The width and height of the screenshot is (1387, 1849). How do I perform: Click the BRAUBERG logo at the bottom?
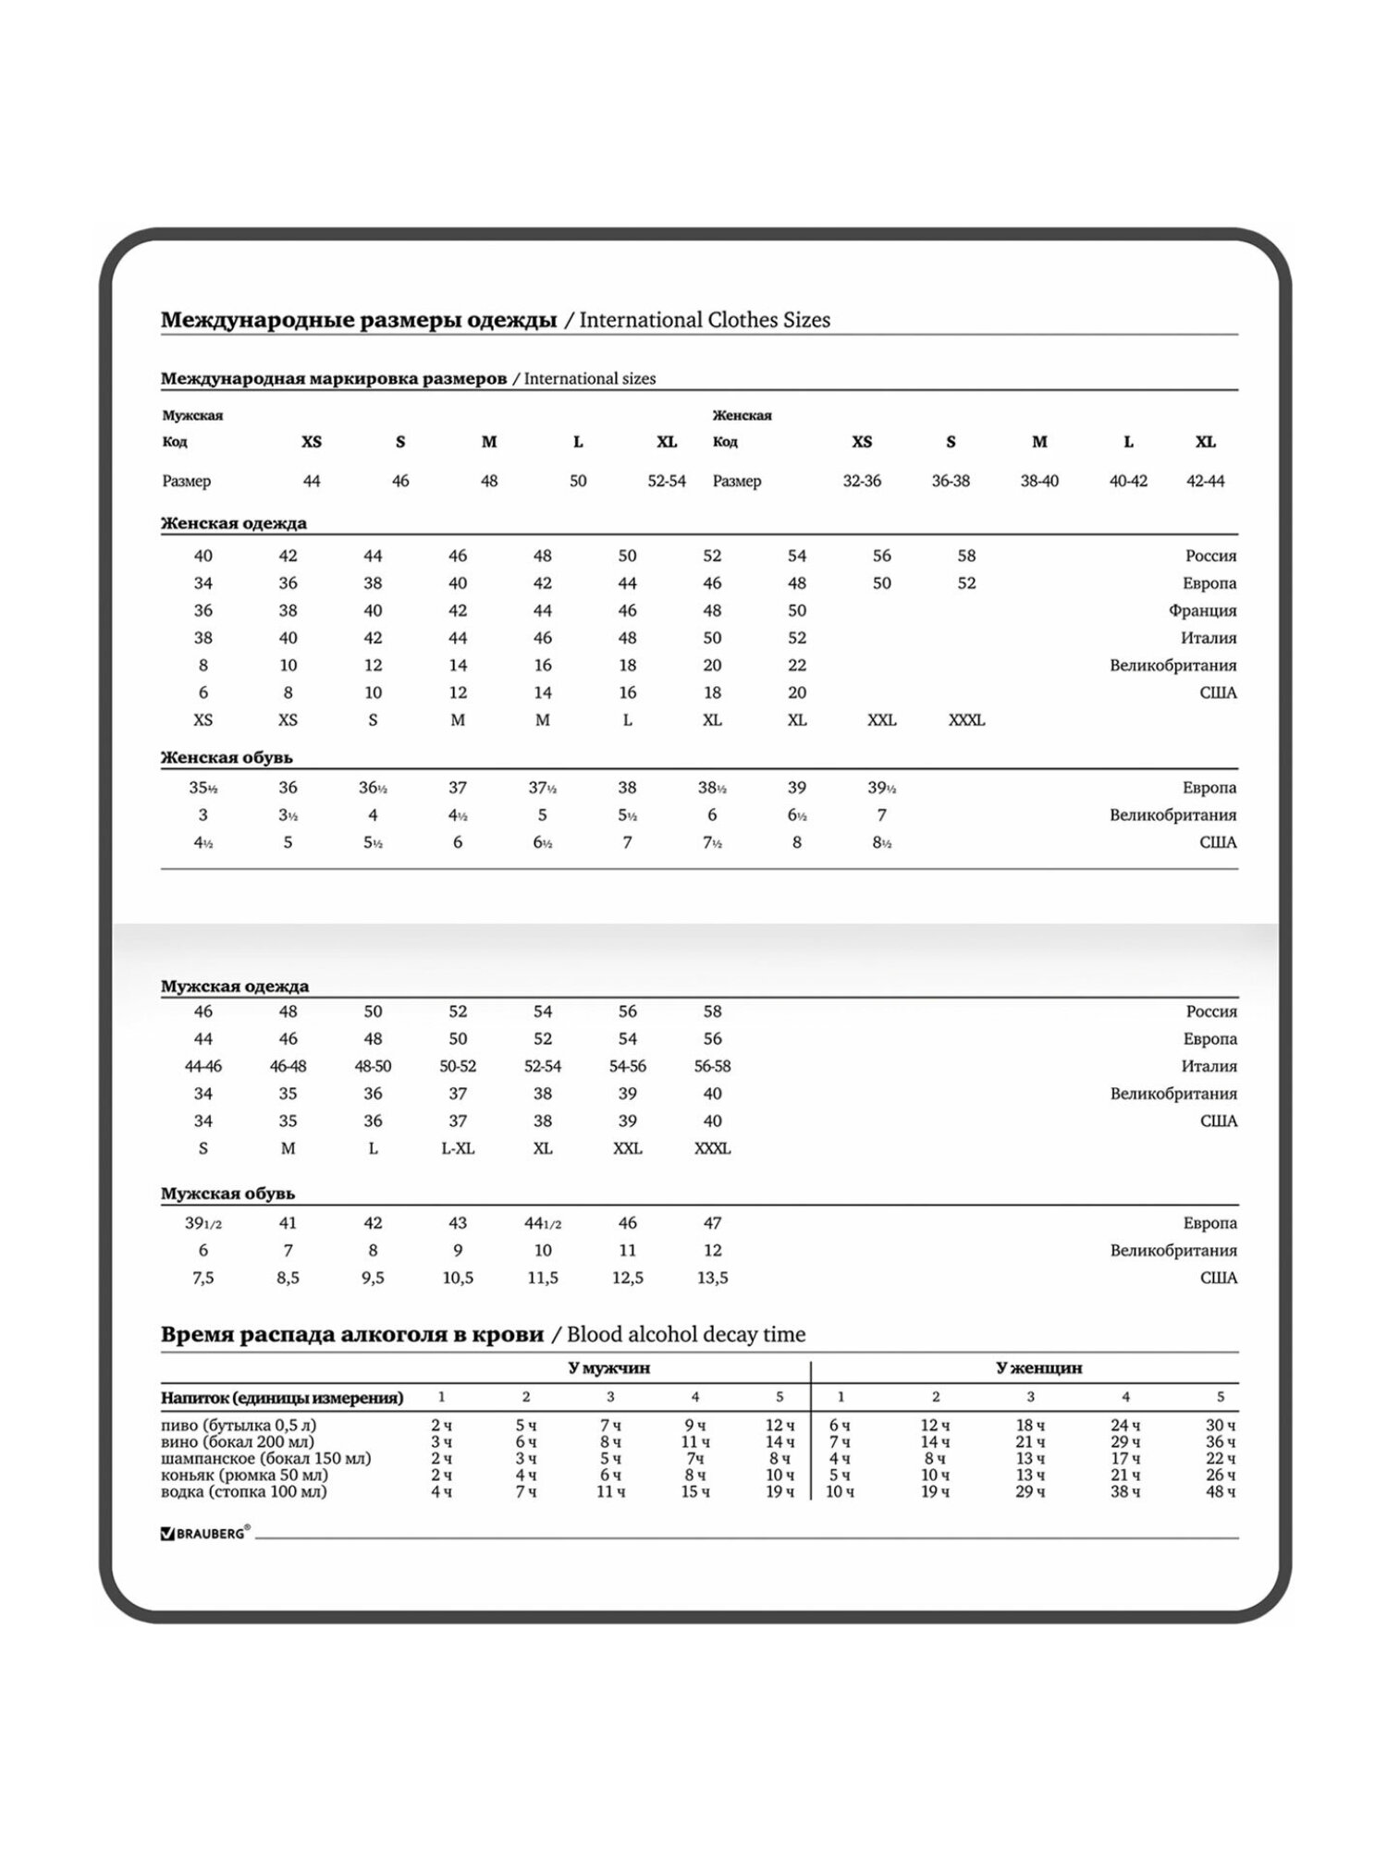(205, 1533)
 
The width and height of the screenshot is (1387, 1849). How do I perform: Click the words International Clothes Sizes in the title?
(705, 320)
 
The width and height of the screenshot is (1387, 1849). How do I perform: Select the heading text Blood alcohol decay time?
(686, 1334)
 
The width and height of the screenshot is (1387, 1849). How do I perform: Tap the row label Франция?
(1202, 610)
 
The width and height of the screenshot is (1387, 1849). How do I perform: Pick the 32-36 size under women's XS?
(862, 481)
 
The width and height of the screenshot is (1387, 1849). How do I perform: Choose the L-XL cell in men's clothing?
(458, 1148)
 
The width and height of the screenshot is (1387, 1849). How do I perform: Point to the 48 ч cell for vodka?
(1221, 1491)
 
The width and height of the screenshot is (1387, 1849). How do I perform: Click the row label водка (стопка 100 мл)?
(244, 1491)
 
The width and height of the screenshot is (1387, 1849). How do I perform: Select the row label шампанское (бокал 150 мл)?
(266, 1458)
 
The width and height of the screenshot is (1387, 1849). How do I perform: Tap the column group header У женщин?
(1039, 1367)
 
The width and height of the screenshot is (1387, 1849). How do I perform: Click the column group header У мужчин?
(610, 1367)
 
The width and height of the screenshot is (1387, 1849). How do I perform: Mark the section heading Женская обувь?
(227, 757)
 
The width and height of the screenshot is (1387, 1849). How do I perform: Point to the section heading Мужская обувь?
(227, 1194)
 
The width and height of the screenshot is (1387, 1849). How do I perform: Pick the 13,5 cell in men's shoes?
(712, 1278)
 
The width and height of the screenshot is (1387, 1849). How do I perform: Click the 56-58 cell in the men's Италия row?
(712, 1066)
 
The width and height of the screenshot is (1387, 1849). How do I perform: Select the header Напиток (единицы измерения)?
(282, 1397)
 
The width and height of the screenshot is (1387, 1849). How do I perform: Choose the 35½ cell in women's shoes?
(203, 788)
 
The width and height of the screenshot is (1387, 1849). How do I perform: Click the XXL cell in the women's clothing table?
(882, 720)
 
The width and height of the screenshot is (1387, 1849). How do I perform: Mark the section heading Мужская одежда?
(235, 986)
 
